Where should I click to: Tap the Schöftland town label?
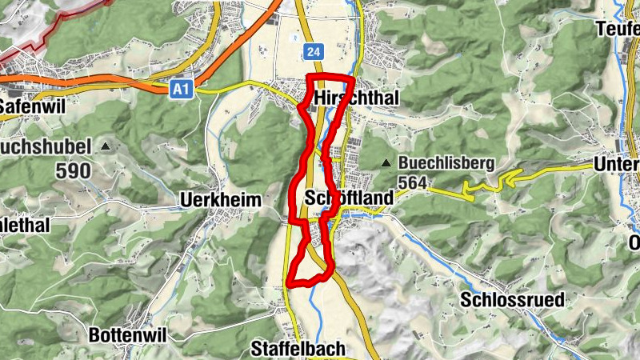pyautogui.click(x=350, y=198)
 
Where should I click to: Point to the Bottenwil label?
pyautogui.click(x=128, y=335)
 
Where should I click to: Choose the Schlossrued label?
pyautogui.click(x=513, y=300)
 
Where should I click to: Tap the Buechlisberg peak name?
pyautogui.click(x=447, y=163)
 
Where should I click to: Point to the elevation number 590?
pyautogui.click(x=73, y=170)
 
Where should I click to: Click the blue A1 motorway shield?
pyautogui.click(x=182, y=91)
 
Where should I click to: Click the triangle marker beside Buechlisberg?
pyautogui.click(x=386, y=163)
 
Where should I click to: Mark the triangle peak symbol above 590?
pyautogui.click(x=106, y=146)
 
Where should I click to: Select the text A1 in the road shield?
pyautogui.click(x=182, y=91)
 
